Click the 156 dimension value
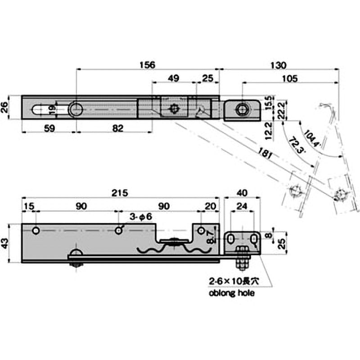coord(147,64)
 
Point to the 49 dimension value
coord(174,78)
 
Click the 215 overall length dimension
coord(120,192)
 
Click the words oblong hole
coord(232,293)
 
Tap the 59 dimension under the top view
coord(49,128)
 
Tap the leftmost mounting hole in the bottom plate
coord(36,230)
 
